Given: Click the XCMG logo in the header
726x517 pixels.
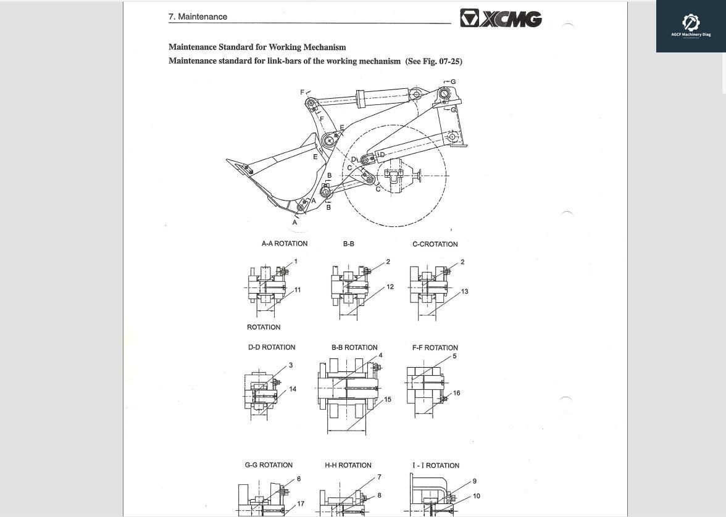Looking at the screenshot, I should coord(501,19).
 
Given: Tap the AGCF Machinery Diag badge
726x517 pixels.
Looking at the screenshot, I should coord(690,26).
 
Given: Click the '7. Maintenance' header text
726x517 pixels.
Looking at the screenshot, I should coord(198,17).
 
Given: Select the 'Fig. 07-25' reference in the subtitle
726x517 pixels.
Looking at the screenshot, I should coord(441,61).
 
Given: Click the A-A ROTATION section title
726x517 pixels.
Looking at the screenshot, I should coord(284,244).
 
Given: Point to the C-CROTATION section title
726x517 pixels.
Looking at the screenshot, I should coord(435,244).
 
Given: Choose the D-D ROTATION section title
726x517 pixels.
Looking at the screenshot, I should coord(272,347).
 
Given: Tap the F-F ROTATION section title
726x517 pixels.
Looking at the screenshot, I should coord(435,348).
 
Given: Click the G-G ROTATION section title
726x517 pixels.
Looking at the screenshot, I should coord(269,465).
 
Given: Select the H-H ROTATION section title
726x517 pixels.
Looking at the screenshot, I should coord(348,465).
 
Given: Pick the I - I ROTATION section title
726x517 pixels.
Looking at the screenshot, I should coord(436,466).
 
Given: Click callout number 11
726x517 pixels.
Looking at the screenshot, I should coord(298,290).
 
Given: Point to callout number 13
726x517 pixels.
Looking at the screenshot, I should coord(464,291).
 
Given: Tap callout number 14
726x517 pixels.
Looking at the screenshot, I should coord(293,389).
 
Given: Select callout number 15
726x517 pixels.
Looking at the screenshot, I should coord(388,400).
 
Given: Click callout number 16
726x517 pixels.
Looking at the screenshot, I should coord(456,393).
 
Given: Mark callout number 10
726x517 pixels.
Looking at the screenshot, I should coord(477,496).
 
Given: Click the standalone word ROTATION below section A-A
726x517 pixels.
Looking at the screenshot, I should coord(264,328).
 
